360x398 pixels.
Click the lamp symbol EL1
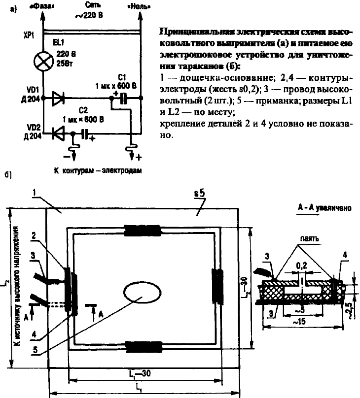(43, 63)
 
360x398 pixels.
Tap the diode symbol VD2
(58, 133)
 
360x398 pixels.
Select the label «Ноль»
(140, 7)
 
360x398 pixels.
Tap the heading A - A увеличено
(324, 208)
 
